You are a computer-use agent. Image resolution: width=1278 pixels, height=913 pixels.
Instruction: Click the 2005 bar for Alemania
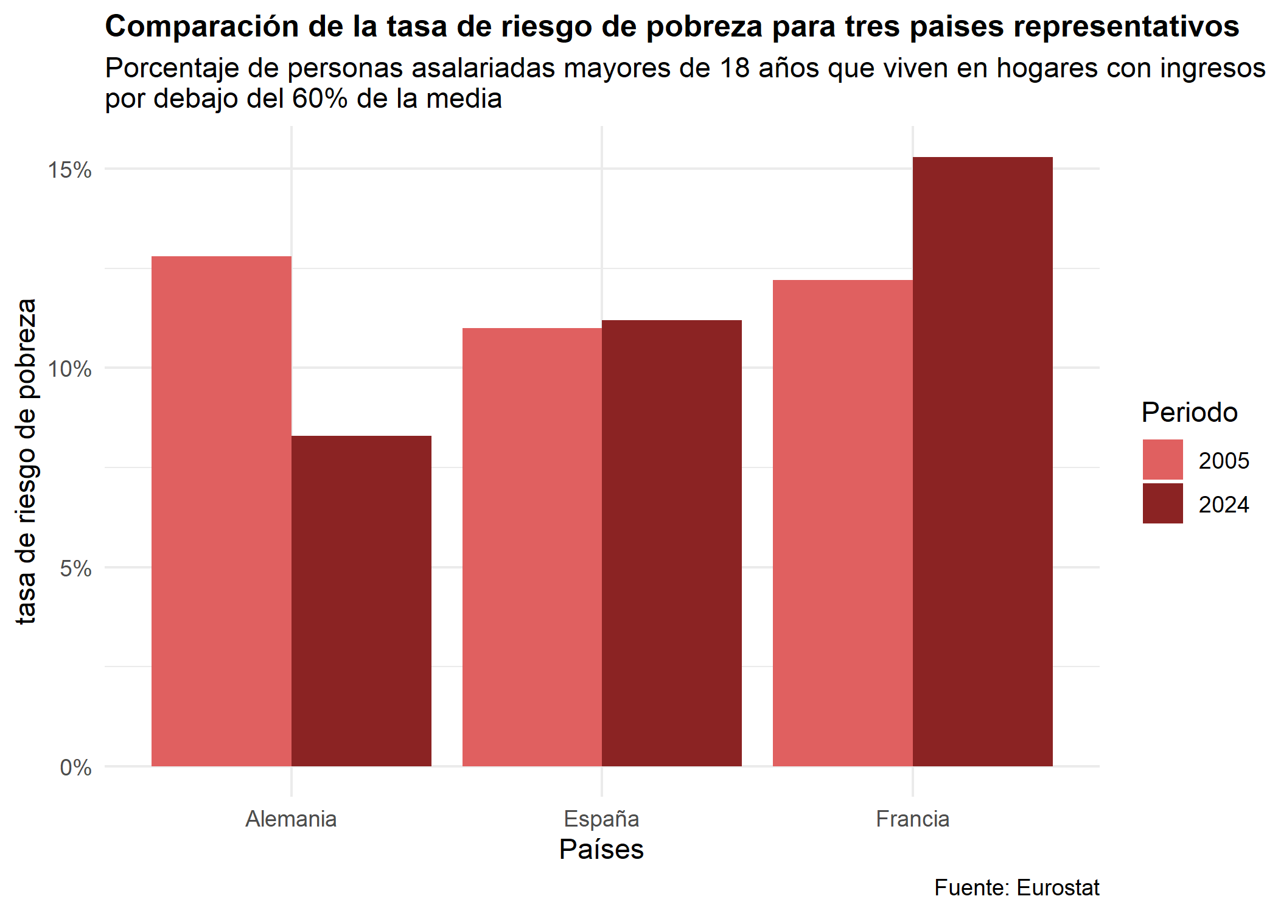(x=222, y=511)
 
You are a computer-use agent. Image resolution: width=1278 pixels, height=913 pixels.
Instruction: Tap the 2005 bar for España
(x=532, y=547)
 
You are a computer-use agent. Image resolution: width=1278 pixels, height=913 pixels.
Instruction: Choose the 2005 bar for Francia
(x=843, y=523)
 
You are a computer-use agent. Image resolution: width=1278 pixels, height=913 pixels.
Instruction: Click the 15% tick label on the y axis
(x=70, y=170)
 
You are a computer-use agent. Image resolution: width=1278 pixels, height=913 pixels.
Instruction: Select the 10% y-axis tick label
(x=70, y=369)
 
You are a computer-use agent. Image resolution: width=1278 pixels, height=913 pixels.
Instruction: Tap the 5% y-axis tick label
(x=75, y=568)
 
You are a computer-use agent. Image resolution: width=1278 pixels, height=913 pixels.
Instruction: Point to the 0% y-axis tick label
(x=75, y=768)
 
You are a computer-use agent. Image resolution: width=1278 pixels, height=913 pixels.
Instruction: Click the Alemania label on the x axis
(x=291, y=819)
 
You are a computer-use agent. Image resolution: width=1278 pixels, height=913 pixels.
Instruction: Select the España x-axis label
(x=601, y=819)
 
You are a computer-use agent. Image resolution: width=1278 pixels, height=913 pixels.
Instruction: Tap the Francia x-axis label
(x=912, y=819)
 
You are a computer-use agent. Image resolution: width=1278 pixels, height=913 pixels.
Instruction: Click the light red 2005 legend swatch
(x=1162, y=460)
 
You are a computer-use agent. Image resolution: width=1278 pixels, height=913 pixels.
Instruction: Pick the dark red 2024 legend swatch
(x=1162, y=503)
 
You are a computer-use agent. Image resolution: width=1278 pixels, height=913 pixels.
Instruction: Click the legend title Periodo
(x=1189, y=413)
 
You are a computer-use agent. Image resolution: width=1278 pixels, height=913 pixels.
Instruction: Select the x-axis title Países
(x=601, y=850)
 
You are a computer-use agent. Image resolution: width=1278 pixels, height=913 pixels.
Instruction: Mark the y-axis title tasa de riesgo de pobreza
(x=26, y=461)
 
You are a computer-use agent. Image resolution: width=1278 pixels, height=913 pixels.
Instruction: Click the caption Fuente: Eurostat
(x=1016, y=888)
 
